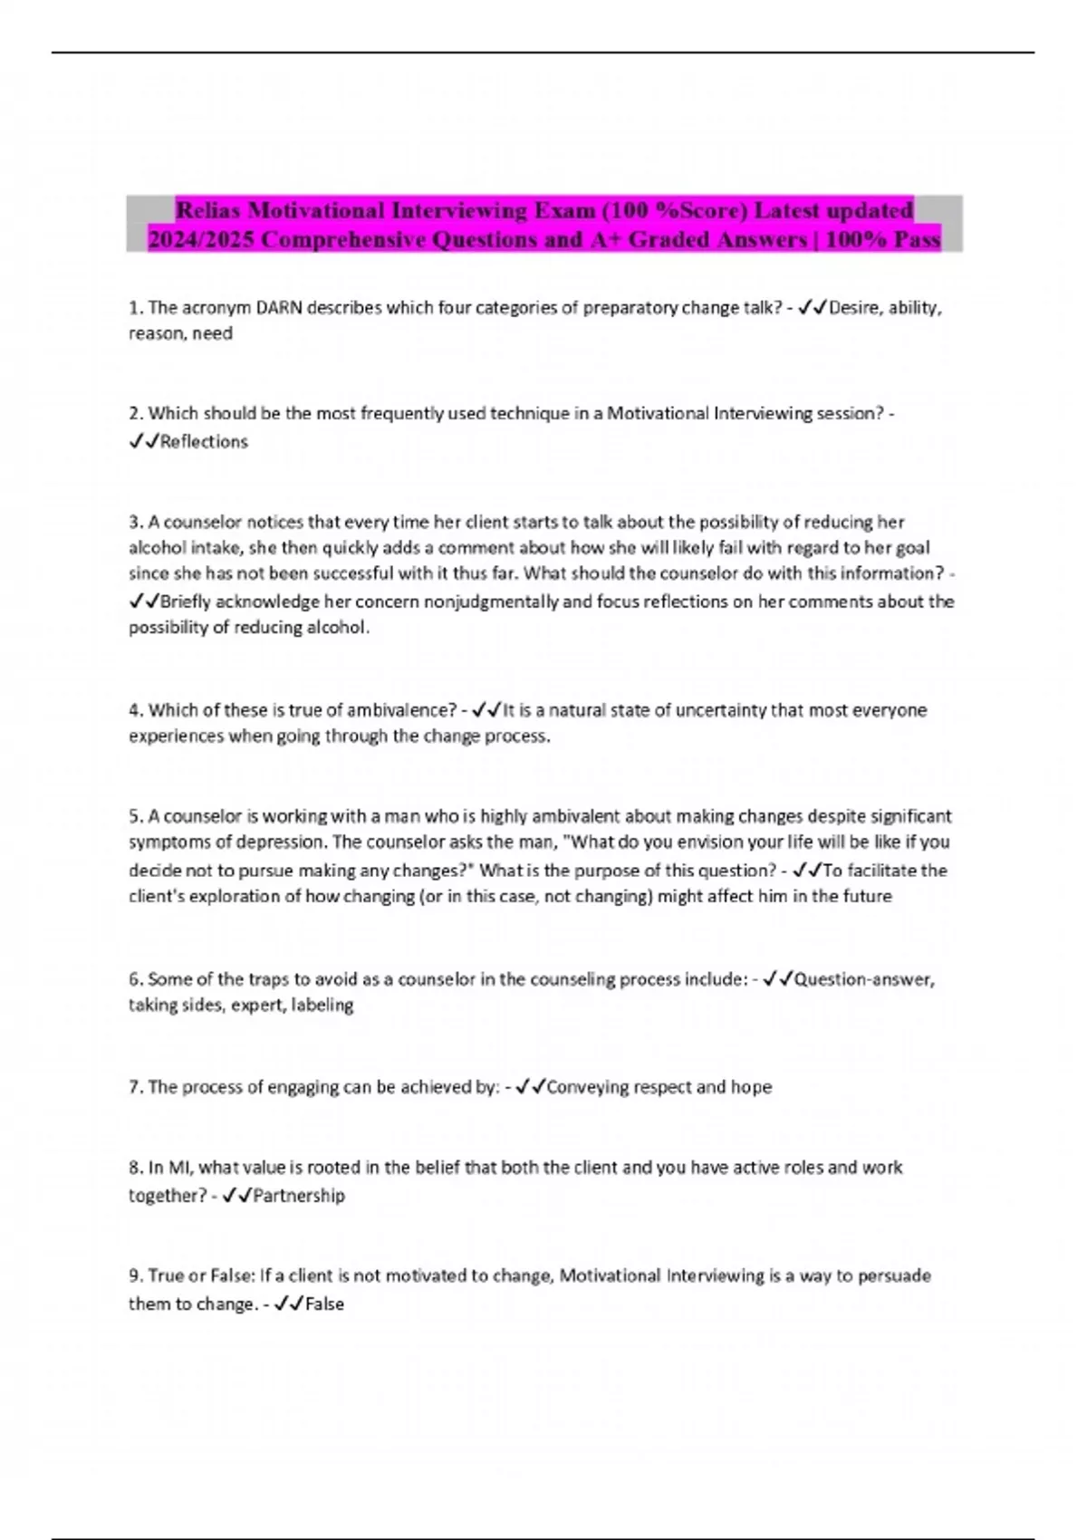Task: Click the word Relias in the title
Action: coord(208,211)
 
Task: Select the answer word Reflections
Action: coord(204,442)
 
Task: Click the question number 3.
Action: coord(136,522)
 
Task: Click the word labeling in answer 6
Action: coord(322,1005)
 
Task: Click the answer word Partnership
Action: coord(299,1196)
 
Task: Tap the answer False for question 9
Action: coord(324,1304)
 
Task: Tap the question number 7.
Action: coord(136,1087)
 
